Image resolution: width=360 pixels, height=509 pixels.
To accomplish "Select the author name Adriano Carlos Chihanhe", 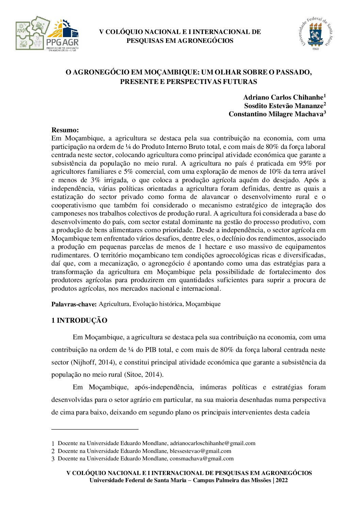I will tap(283, 98).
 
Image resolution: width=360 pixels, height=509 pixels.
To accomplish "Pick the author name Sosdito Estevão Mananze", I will tap(283, 106).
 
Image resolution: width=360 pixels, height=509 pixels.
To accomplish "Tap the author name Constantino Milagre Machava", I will tap(276, 114).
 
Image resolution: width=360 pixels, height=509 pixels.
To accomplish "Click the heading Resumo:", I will tap(65, 130).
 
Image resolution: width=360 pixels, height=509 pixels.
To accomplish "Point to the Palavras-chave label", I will tap(74, 304).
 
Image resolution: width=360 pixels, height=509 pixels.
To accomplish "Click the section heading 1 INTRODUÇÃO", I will tap(79, 321).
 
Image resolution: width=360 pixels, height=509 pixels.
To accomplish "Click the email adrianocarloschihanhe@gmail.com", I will tap(213, 443).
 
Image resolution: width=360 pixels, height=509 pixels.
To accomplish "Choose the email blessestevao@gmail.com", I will tap(200, 451).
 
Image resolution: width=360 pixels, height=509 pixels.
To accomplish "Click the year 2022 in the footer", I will tap(282, 480).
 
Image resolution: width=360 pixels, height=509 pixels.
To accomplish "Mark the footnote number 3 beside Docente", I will tap(53, 459).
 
